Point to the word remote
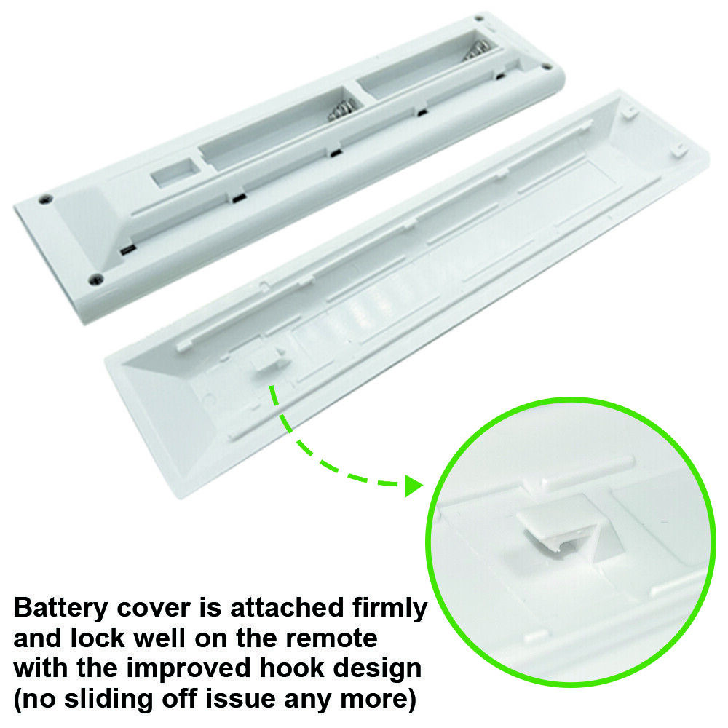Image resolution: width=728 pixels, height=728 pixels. (331, 638)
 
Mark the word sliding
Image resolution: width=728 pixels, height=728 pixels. (108, 700)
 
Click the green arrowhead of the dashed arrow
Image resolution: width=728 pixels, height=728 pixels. (414, 486)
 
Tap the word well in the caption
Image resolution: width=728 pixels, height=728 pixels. (158, 638)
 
